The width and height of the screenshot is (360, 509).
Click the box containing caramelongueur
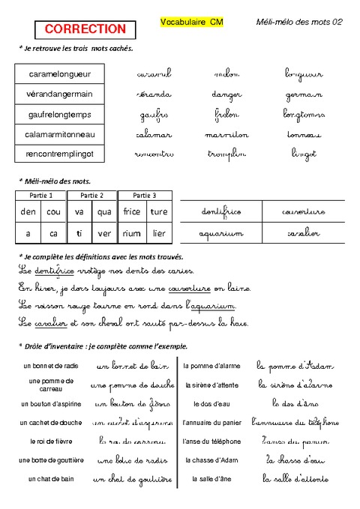pyautogui.click(x=59, y=74)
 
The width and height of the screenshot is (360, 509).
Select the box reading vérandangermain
pyautogui.click(x=59, y=94)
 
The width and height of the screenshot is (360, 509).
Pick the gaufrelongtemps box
pyautogui.click(x=59, y=115)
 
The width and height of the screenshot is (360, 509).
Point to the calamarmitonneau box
pyautogui.click(x=59, y=135)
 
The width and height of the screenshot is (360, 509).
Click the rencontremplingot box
pyautogui.click(x=59, y=154)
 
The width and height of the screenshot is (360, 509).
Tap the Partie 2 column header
pyautogui.click(x=92, y=196)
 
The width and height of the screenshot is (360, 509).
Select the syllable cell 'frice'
pyautogui.click(x=131, y=212)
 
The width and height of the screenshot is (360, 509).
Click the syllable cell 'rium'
pyautogui.click(x=131, y=233)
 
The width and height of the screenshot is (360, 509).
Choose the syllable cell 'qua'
pyautogui.click(x=104, y=212)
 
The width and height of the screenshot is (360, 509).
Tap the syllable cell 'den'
pyautogui.click(x=29, y=212)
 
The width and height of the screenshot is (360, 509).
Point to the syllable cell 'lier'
pyautogui.click(x=158, y=233)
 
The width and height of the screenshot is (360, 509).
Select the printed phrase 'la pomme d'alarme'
pyautogui.click(x=212, y=365)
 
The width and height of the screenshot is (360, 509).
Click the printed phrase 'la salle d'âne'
pyautogui.click(x=212, y=478)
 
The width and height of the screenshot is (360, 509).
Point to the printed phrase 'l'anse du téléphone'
pyautogui.click(x=212, y=441)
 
